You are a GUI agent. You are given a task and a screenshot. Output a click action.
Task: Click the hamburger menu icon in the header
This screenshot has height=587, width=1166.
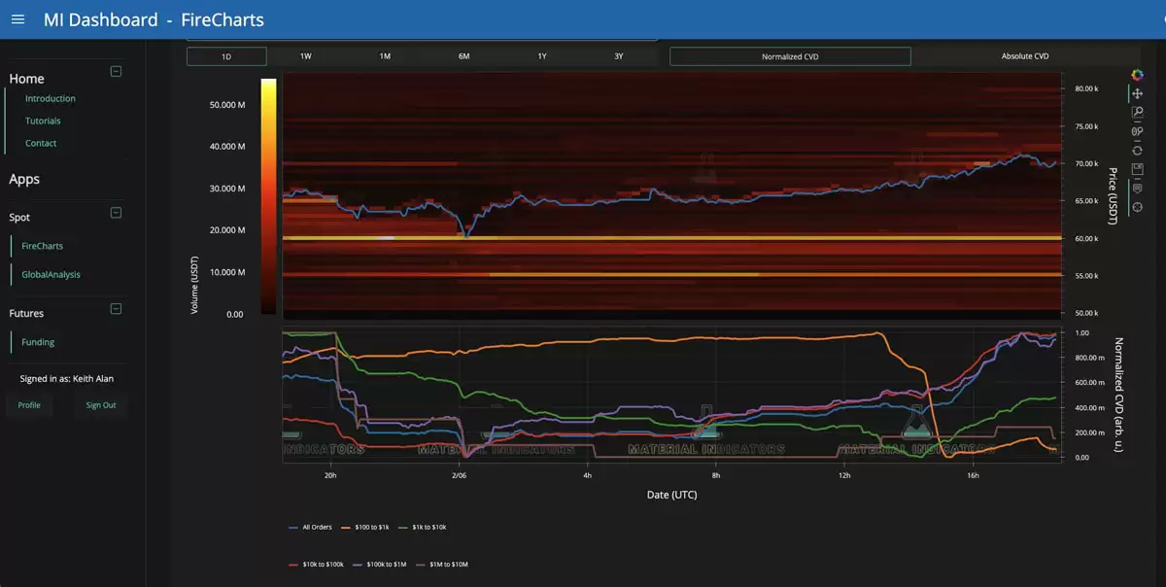pos(18,19)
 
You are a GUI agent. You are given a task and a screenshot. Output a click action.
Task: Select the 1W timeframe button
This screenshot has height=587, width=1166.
pos(305,56)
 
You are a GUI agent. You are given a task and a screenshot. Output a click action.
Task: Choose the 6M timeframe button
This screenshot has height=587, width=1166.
pos(463,56)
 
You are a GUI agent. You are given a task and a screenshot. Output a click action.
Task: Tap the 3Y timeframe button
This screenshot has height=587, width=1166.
pos(619,56)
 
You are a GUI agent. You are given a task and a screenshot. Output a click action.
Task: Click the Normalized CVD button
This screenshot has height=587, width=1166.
pos(790,56)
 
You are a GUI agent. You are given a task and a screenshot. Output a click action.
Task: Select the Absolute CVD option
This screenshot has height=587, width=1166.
pos(1025,56)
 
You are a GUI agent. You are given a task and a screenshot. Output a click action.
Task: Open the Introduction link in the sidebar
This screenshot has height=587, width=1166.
pos(51,98)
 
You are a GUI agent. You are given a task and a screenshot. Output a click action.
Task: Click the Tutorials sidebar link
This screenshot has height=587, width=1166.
pos(43,121)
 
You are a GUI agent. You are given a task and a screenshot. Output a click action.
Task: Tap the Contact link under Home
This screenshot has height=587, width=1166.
pos(41,143)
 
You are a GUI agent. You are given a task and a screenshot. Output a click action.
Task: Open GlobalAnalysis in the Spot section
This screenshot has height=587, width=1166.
pos(51,275)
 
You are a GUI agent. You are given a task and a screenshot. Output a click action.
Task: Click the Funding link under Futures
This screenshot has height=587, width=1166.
pos(38,342)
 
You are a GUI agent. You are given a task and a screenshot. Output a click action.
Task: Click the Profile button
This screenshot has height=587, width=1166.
pos(29,405)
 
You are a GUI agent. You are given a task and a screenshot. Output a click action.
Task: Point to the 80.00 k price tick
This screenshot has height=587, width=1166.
pos(1085,88)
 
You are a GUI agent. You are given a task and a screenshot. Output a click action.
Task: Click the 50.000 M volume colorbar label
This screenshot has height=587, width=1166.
pos(227,105)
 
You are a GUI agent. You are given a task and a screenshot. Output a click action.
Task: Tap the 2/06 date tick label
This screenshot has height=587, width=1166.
pos(459,476)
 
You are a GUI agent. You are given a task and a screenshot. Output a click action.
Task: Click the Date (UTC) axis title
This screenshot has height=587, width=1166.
pos(671,495)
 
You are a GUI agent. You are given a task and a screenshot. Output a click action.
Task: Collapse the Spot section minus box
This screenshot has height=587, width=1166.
pos(116,213)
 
